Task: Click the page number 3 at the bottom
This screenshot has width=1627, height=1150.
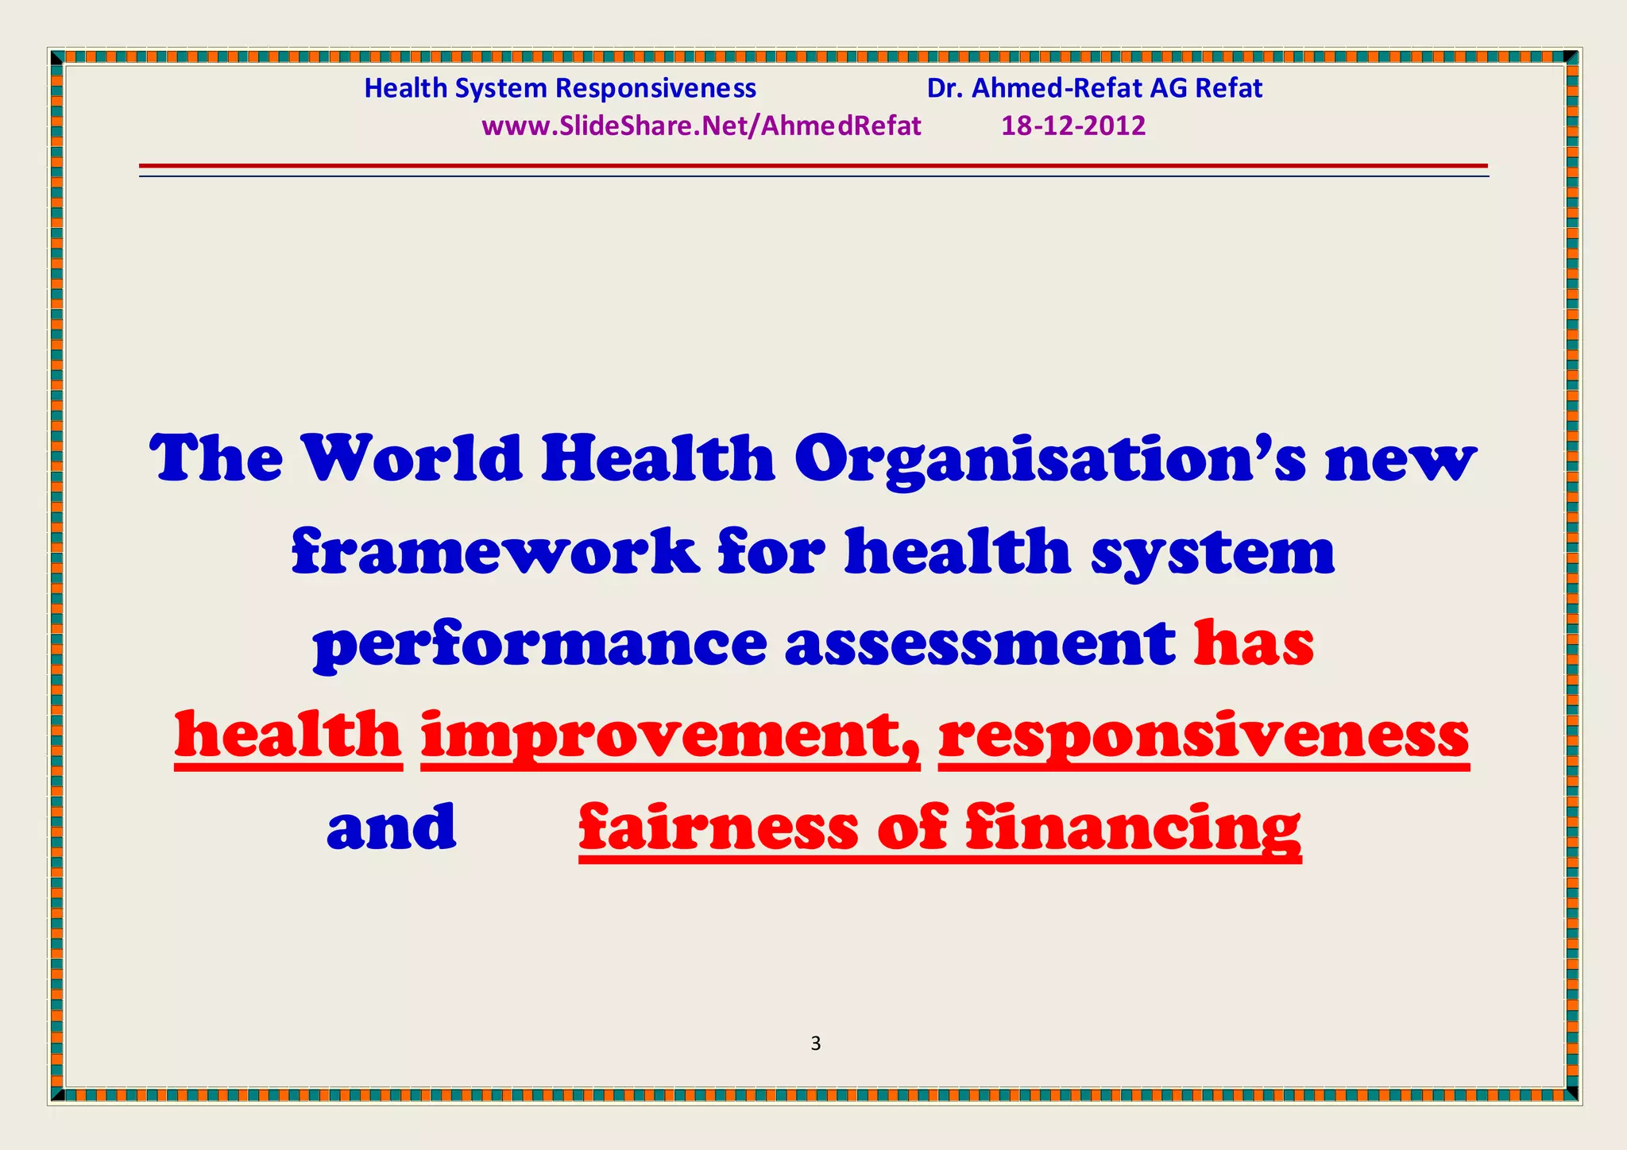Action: pyautogui.click(x=815, y=1044)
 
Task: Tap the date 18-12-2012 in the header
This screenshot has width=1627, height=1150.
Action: pyautogui.click(x=1072, y=125)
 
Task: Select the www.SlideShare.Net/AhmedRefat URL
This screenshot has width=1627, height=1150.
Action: pyautogui.click(x=701, y=125)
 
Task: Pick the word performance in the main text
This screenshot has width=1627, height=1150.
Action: pyautogui.click(x=540, y=644)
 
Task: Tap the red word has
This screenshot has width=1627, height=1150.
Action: pyautogui.click(x=1254, y=643)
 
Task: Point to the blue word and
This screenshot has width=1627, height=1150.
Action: pyautogui.click(x=392, y=827)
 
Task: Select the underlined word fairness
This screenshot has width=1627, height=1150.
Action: pyautogui.click(x=719, y=827)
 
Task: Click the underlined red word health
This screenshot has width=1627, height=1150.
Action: pyautogui.click(x=288, y=735)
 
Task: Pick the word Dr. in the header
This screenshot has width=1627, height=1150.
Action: pyautogui.click(x=945, y=88)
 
